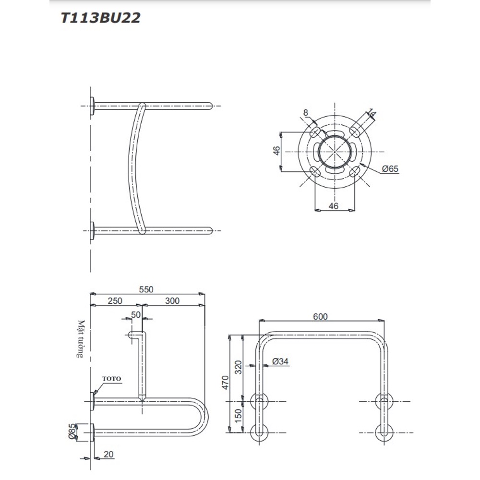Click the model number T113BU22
pyautogui.click(x=100, y=18)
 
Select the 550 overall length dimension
pyautogui.click(x=146, y=289)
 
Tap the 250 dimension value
pyautogui.click(x=115, y=300)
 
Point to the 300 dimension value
pyautogui.click(x=172, y=300)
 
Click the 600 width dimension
pyautogui.click(x=321, y=316)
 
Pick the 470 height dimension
pyautogui.click(x=225, y=383)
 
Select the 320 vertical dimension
pyautogui.click(x=239, y=367)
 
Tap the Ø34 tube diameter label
pyautogui.click(x=280, y=361)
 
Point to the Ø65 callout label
pyautogui.click(x=390, y=168)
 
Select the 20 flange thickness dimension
pyautogui.click(x=108, y=454)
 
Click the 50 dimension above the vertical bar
pyautogui.click(x=136, y=315)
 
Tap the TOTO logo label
pyautogui.click(x=112, y=379)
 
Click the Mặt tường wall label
pyautogui.click(x=81, y=339)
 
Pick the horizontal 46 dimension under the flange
pyautogui.click(x=334, y=206)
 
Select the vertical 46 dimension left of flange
pyautogui.click(x=277, y=151)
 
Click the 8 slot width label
pyautogui.click(x=305, y=113)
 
